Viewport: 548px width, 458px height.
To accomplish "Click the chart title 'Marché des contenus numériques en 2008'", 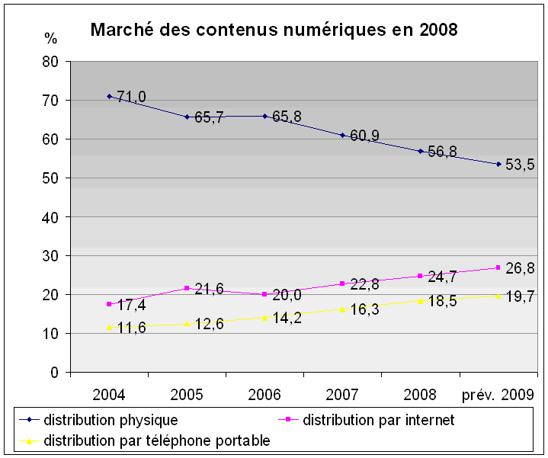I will (274, 30).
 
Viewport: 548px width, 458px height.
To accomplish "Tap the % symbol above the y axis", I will (50, 38).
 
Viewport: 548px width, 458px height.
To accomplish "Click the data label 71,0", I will (131, 96).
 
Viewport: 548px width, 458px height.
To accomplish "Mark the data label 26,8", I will (521, 268).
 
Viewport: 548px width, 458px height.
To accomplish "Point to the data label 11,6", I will (131, 329).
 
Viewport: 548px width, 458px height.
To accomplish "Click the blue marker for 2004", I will (109, 96).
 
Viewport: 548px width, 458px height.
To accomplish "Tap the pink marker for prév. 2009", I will (498, 267).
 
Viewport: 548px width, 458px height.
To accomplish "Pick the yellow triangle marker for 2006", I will (264, 318).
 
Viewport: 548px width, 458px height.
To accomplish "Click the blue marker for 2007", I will (343, 135).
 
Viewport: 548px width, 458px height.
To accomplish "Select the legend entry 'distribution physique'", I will (111, 420).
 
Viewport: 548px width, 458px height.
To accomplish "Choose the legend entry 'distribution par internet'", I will (378, 420).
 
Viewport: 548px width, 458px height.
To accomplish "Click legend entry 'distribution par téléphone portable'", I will (157, 440).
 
